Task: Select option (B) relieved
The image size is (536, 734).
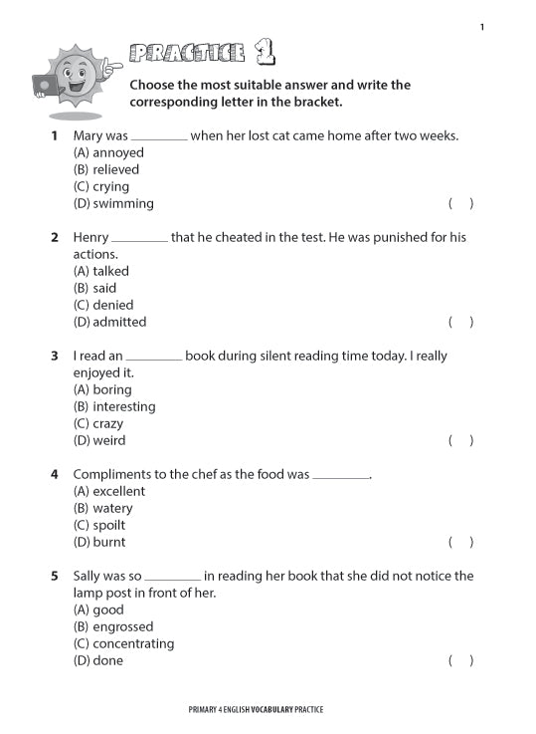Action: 106,169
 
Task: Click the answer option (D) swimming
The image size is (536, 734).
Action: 113,203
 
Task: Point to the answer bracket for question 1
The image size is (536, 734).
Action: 460,203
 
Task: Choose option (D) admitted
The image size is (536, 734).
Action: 109,322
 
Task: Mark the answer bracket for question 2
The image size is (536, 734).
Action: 460,322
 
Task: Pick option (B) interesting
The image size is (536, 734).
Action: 114,406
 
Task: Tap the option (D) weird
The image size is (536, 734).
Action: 99,440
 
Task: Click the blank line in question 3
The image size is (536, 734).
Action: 154,358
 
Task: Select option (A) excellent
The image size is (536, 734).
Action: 109,491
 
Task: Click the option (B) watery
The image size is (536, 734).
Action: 102,508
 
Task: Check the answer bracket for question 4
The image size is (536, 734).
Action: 460,542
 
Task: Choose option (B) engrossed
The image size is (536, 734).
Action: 113,626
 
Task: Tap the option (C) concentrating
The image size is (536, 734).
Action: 123,643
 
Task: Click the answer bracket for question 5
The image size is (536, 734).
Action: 460,660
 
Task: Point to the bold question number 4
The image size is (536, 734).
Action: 55,474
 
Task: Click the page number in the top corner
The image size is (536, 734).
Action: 481,27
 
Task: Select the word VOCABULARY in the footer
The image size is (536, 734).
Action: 267,710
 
